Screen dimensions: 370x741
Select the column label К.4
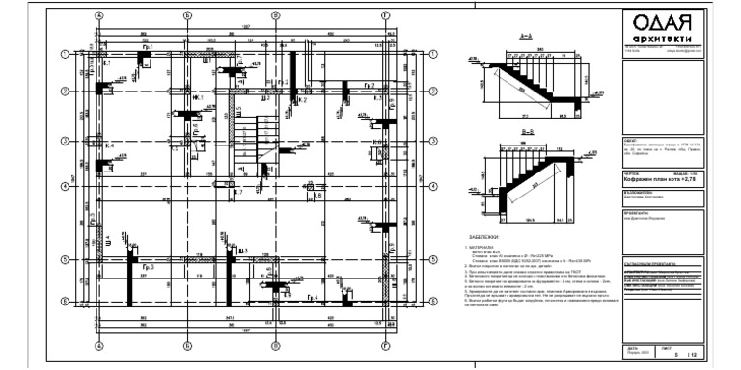pos(109,145)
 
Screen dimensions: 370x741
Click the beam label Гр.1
pos(148,45)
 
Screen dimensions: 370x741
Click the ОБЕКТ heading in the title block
pos(633,139)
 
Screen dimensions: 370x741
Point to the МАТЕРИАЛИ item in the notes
pos(484,247)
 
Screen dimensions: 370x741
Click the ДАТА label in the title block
pos(632,348)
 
